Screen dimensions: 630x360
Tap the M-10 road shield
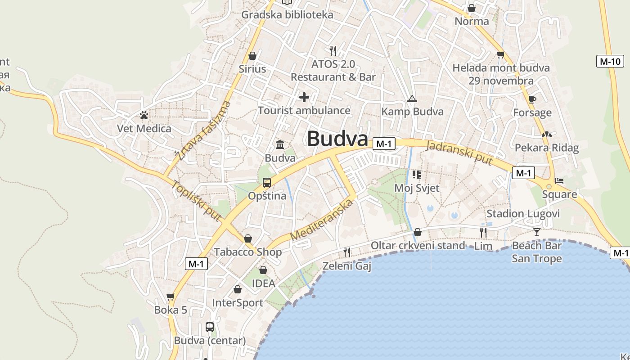point(610,61)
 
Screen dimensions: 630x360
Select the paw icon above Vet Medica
point(144,116)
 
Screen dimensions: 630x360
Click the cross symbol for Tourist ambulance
point(304,97)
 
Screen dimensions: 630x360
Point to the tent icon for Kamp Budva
point(412,99)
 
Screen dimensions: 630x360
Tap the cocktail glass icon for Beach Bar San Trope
point(536,232)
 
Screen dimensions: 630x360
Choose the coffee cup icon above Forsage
point(532,99)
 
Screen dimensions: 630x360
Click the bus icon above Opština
point(267,183)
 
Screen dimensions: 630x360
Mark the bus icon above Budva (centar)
point(210,327)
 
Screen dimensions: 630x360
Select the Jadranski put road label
point(459,153)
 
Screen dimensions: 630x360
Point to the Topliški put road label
point(196,201)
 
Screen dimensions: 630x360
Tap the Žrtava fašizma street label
point(203,131)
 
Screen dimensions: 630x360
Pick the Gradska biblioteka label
point(287,15)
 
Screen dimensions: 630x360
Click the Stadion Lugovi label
point(523,214)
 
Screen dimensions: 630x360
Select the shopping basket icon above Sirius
point(252,56)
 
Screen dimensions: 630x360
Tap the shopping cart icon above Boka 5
point(170,297)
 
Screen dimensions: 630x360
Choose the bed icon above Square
point(559,181)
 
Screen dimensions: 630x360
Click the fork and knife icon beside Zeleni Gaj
point(347,252)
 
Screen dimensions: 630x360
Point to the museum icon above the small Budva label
point(280,144)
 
